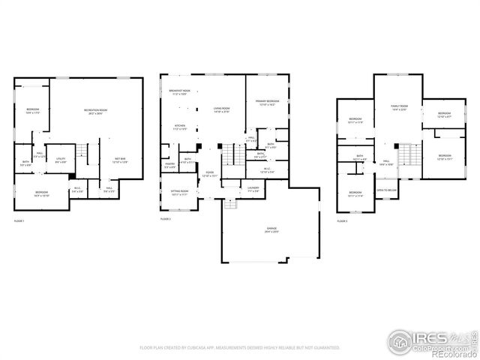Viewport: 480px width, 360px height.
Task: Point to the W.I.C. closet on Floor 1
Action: coord(76,190)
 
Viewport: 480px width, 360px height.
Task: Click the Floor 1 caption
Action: coord(19,221)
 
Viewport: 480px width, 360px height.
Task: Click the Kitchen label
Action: coord(180,127)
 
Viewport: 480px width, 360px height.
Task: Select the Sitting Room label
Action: coord(180,193)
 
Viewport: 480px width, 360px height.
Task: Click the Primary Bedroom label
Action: coord(267,103)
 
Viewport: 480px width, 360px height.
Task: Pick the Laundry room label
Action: coord(253,190)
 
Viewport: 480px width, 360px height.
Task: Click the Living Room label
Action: coord(221,110)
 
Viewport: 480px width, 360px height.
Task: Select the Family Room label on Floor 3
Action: coord(398,108)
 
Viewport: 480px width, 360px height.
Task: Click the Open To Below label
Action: coord(386,190)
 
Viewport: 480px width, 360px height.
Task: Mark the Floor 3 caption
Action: coord(342,221)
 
